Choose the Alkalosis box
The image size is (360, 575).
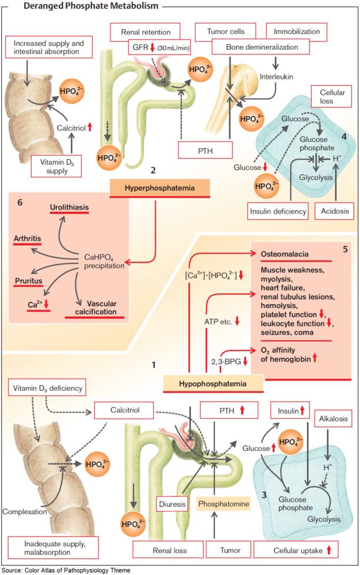pyautogui.click(x=334, y=419)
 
